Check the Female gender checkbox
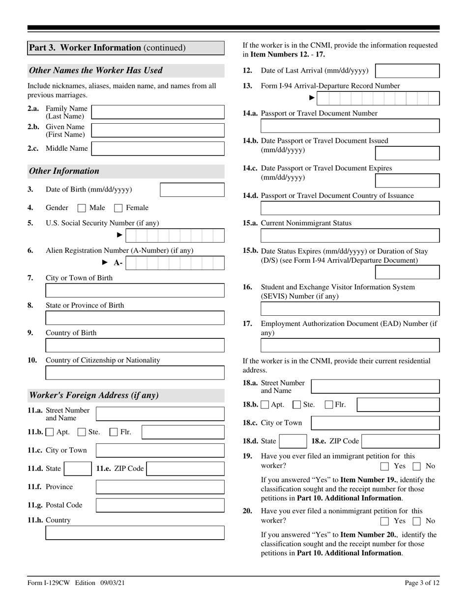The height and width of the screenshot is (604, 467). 118,208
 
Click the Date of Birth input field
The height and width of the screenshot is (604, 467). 192,190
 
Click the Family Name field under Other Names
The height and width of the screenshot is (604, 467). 158,112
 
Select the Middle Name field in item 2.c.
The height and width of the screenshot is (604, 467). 158,148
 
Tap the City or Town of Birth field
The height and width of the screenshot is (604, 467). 135,291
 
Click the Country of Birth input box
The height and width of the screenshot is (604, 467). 135,346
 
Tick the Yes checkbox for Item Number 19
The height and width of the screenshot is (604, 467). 385,466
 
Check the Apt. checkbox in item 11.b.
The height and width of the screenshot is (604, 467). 50,433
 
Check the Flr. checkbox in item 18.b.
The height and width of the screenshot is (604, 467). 329,405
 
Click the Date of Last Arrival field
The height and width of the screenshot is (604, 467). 407,71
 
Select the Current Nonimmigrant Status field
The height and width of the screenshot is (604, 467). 350,236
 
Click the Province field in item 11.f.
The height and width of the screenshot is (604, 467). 160,487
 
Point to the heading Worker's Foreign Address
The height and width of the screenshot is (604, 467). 94,395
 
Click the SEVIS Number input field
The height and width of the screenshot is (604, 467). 350,308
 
